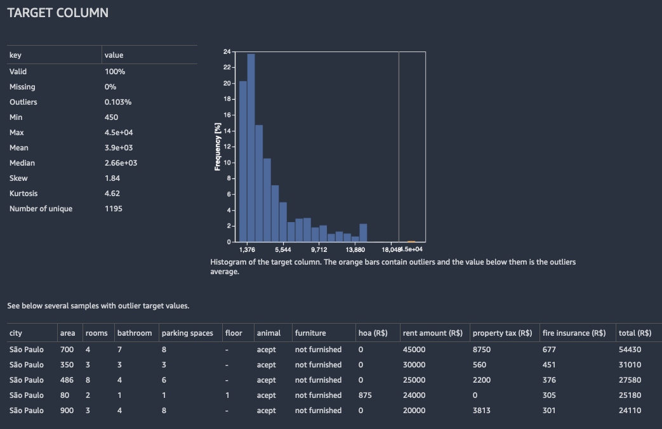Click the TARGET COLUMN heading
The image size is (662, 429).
(x=58, y=13)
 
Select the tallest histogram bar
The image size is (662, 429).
(x=251, y=147)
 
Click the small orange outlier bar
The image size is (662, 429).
(x=411, y=241)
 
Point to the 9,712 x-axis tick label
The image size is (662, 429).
(x=319, y=250)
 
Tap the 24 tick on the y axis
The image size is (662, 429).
(x=227, y=51)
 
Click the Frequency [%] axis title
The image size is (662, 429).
(x=218, y=147)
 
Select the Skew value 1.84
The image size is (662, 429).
(x=112, y=178)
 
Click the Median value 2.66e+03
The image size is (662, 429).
(x=121, y=163)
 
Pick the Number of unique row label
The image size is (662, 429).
(x=41, y=209)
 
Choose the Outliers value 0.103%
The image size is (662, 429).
(x=118, y=102)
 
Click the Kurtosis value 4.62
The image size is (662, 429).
(x=112, y=194)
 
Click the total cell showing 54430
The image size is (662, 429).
(x=630, y=350)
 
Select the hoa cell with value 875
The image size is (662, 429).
(x=366, y=395)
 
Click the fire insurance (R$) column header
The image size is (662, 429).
(x=574, y=333)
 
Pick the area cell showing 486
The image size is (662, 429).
(x=67, y=380)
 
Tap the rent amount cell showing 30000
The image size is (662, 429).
(x=416, y=365)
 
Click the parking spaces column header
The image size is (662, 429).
(x=187, y=333)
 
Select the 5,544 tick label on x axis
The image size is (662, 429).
(x=283, y=250)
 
